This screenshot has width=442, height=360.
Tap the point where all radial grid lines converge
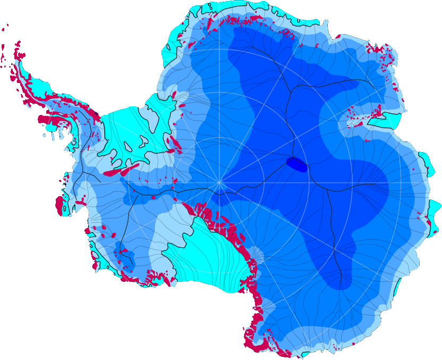pos(219,183)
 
